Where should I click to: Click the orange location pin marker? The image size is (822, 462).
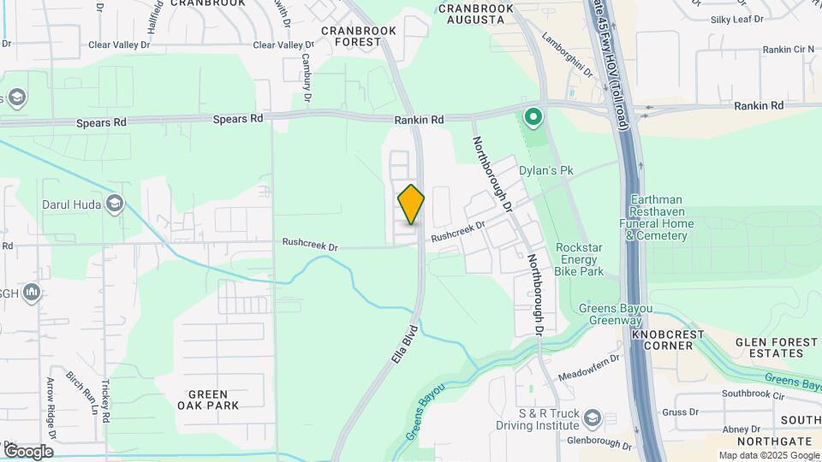click(x=411, y=204)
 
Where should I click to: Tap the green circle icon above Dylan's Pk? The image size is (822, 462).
click(x=534, y=116)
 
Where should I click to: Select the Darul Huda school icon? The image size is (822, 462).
click(x=115, y=204)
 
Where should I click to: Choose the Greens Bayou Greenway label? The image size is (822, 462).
click(x=616, y=314)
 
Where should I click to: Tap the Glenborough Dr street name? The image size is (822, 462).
click(x=599, y=446)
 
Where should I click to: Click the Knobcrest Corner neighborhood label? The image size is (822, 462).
click(x=668, y=339)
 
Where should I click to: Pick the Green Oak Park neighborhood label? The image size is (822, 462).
click(x=207, y=399)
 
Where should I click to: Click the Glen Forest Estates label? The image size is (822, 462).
click(x=777, y=347)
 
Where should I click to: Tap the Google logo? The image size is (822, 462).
click(x=28, y=451)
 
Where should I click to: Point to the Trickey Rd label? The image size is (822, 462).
click(x=107, y=400)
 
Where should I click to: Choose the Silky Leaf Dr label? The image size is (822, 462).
click(x=736, y=19)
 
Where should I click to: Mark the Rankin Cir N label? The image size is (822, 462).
click(x=789, y=50)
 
